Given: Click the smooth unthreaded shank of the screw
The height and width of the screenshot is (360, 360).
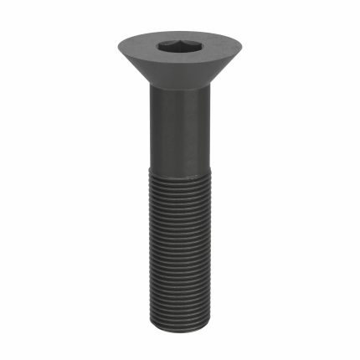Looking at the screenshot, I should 180,142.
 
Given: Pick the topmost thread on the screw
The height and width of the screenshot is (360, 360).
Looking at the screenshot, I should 180,198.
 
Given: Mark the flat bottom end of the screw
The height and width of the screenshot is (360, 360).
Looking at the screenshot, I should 180,324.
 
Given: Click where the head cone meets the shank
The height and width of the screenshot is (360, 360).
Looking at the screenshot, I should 180,90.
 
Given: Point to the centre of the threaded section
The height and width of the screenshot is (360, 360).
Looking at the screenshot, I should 180,260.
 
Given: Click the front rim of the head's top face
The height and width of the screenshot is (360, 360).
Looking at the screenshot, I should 180,64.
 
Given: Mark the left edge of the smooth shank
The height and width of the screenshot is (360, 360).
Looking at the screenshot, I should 152,142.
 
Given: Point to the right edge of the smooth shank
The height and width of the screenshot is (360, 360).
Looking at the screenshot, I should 208,142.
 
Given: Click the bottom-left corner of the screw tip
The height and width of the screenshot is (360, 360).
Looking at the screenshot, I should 154,319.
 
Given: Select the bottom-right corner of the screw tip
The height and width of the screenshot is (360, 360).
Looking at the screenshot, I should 207,319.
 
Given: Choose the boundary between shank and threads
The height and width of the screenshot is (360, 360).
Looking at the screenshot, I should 180,193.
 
